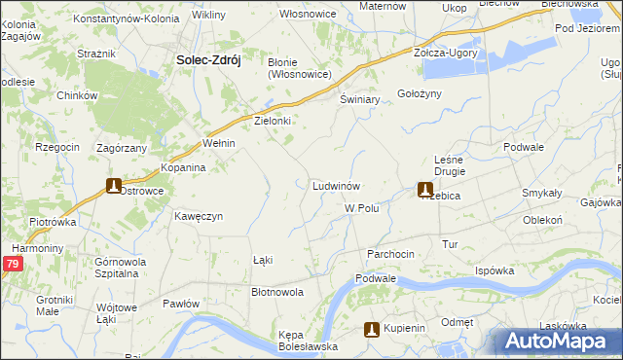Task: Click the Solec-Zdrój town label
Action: click(207, 59)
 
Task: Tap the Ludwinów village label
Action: click(338, 185)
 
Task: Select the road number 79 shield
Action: click(11, 264)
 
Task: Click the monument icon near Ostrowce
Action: click(114, 186)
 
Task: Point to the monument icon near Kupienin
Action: click(370, 329)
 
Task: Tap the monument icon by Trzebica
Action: click(424, 191)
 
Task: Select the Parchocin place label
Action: click(390, 253)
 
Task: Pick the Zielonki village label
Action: click(274, 122)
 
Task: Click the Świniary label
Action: click(359, 100)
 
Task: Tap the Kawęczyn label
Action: click(199, 216)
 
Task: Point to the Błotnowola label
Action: click(277, 292)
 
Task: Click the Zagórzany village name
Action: click(122, 148)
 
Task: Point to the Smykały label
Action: click(541, 193)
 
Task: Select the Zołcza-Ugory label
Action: click(446, 53)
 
